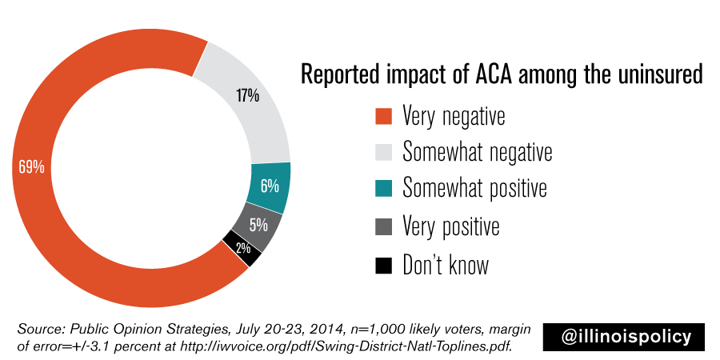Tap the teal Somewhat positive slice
pyautogui.click(x=270, y=186)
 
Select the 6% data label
pyautogui.click(x=270, y=186)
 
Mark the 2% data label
pyautogui.click(x=242, y=249)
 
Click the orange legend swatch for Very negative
pyautogui.click(x=384, y=116)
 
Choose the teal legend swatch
pyautogui.click(x=384, y=189)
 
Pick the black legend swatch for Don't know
pyautogui.click(x=384, y=265)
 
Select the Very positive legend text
pyautogui.click(x=451, y=226)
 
